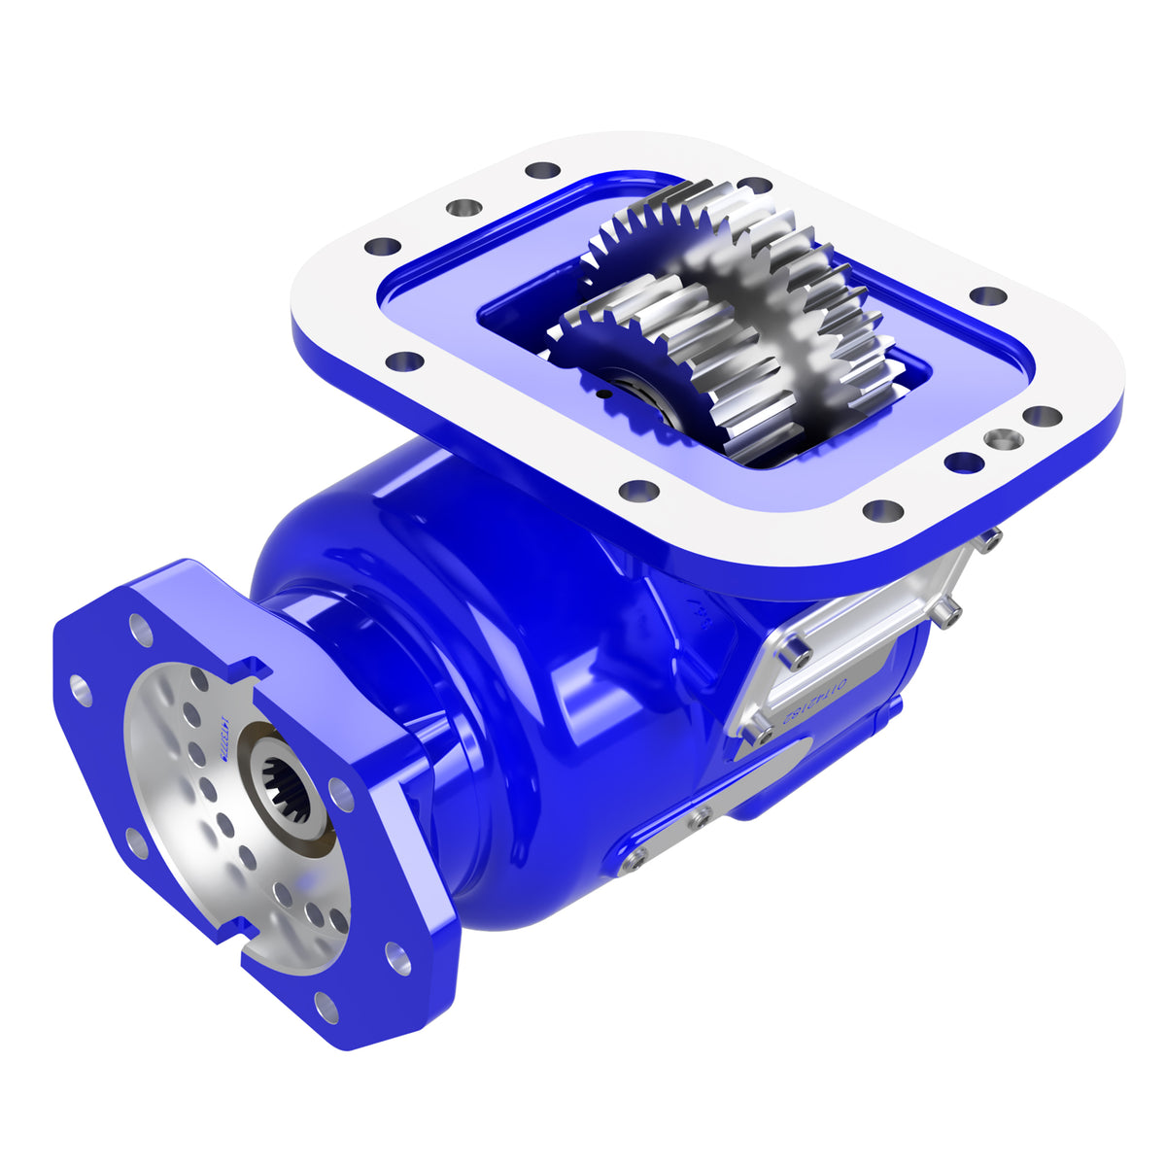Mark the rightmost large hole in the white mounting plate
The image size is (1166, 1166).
point(1042,416)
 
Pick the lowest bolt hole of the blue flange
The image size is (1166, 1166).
point(327,1008)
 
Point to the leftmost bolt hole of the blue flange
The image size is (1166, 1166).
point(78,693)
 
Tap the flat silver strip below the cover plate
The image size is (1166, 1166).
point(719,806)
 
